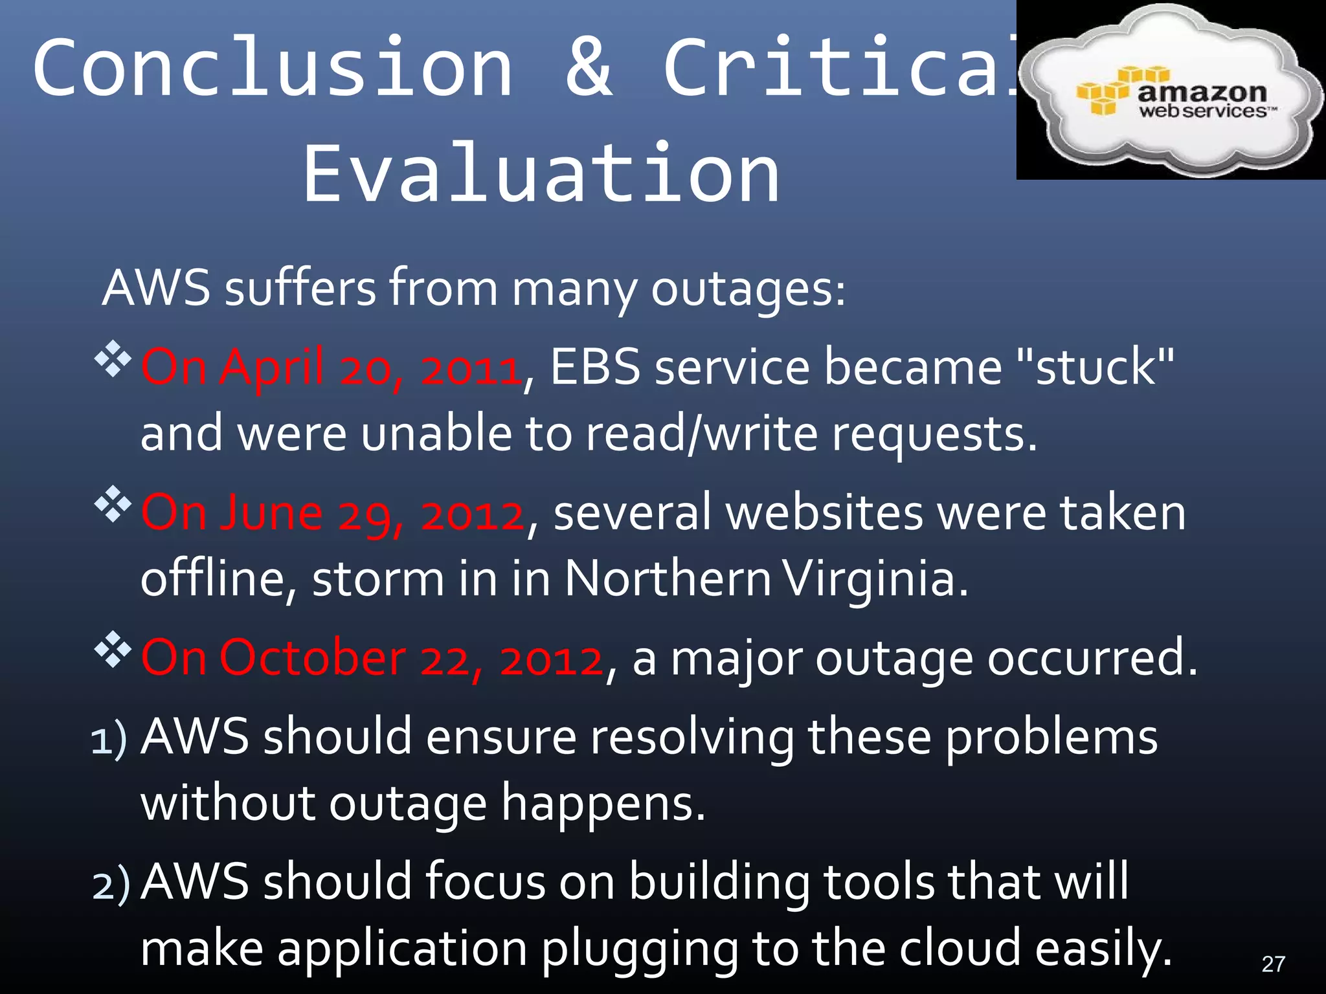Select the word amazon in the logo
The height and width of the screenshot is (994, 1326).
1202,93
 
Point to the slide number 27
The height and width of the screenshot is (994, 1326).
1273,964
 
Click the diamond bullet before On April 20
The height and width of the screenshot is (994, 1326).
113,359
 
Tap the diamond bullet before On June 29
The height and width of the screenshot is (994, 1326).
113,504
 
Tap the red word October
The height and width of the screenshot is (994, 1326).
313,659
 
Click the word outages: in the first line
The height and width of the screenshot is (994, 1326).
748,289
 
